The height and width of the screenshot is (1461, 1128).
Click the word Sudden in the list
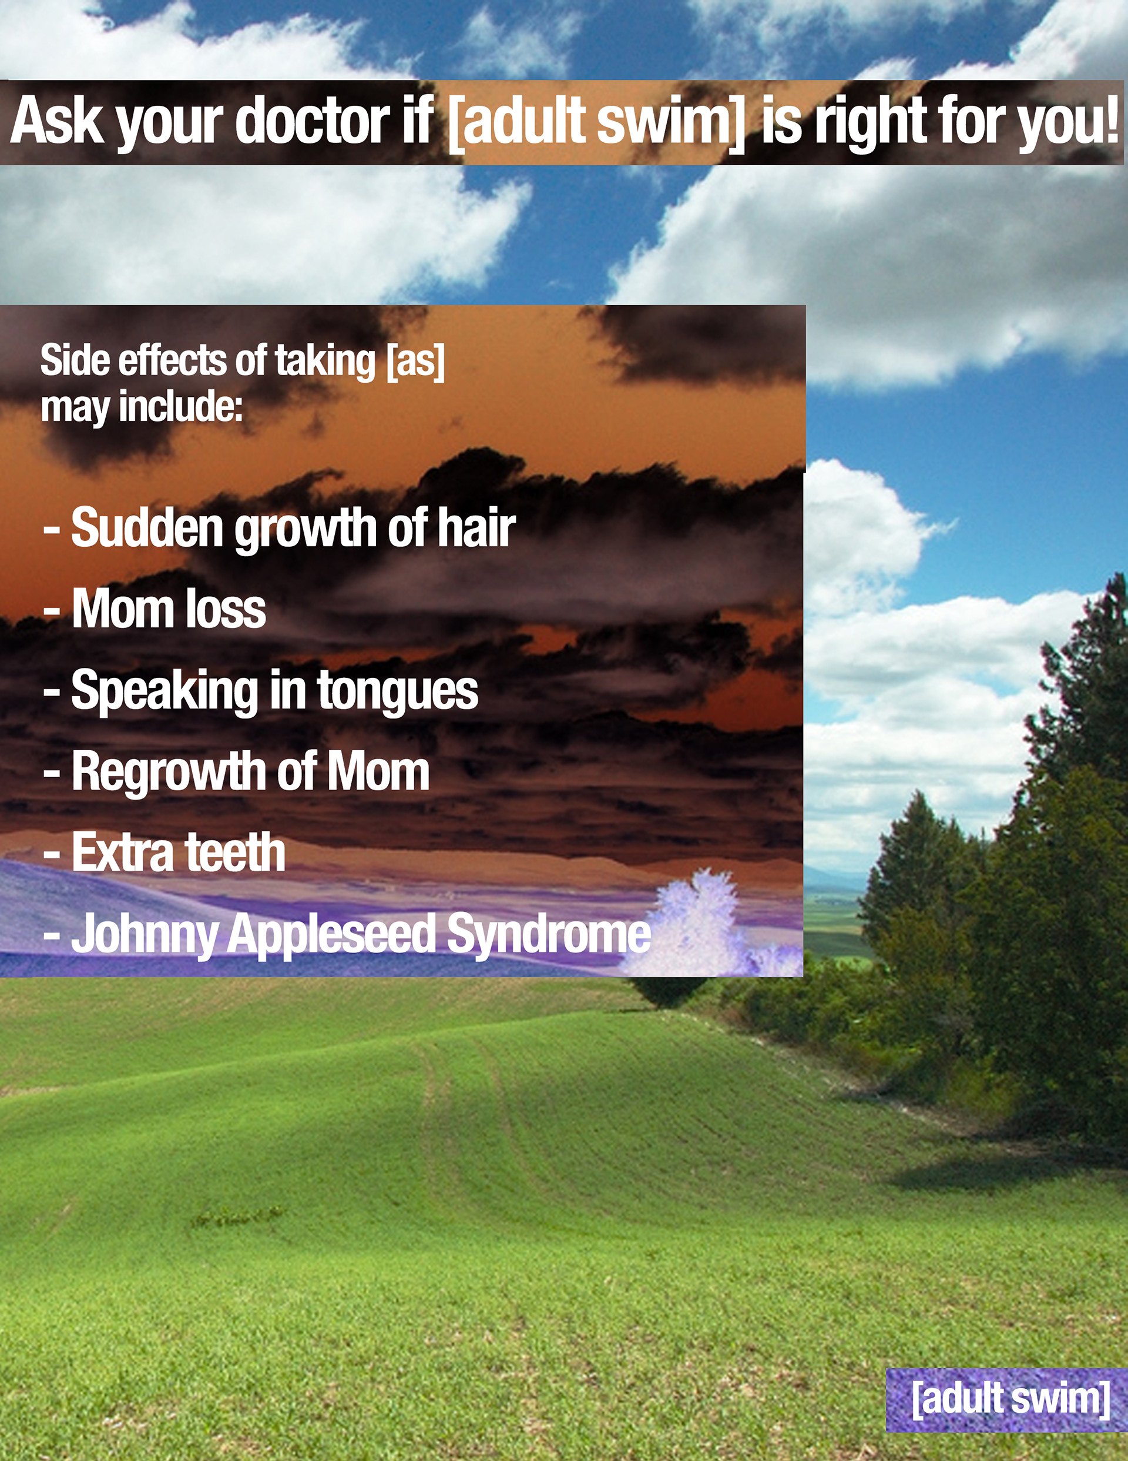[147, 527]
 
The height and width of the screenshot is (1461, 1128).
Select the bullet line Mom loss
[155, 609]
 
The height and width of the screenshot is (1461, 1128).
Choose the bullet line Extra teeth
[164, 852]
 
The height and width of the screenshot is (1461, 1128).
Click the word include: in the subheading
[180, 406]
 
